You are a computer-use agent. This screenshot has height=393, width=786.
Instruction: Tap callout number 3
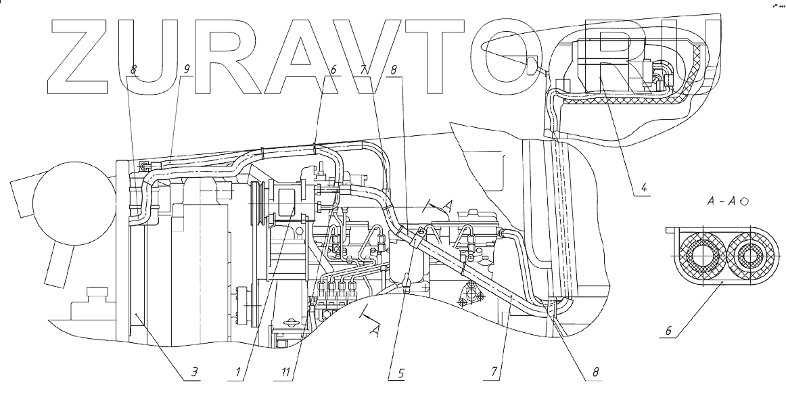click(193, 371)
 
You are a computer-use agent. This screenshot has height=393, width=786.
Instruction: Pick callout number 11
click(287, 371)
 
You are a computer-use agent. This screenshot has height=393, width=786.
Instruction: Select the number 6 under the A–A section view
click(668, 331)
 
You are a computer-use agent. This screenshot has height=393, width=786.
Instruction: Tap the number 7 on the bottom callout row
click(496, 371)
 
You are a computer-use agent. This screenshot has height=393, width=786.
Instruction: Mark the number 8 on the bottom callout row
click(595, 371)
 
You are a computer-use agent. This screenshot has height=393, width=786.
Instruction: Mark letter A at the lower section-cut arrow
click(374, 330)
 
